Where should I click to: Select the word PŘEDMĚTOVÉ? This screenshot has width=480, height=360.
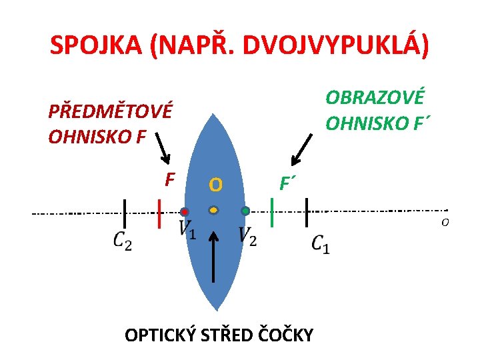[x=110, y=111]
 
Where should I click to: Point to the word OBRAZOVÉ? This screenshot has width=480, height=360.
[x=374, y=98]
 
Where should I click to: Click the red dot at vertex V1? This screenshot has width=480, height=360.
[x=184, y=212]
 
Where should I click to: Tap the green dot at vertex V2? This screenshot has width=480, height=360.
[x=245, y=211]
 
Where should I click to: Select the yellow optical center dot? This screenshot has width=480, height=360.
[x=213, y=210]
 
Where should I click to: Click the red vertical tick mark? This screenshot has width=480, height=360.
[x=159, y=213]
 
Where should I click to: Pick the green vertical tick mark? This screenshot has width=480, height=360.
[x=273, y=212]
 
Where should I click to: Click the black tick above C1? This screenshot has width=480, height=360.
[x=306, y=212]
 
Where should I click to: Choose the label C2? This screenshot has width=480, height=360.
[x=122, y=240]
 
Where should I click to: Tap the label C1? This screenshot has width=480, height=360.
[x=320, y=243]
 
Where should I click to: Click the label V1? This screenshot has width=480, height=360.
[x=187, y=231]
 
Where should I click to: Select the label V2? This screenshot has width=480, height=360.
[x=247, y=235]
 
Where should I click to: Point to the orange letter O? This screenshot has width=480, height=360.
[x=215, y=183]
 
